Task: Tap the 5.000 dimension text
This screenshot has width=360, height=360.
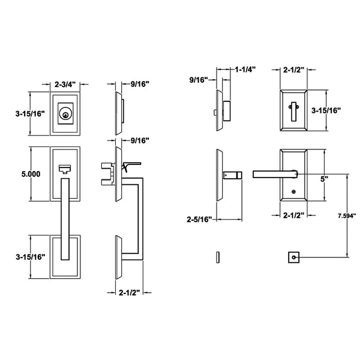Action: click(31, 174)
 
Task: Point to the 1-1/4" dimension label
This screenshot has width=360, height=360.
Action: click(244, 70)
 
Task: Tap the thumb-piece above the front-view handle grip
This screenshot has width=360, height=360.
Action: click(64, 169)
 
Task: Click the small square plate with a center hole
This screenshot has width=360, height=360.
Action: click(293, 258)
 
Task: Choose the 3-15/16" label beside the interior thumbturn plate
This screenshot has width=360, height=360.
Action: click(326, 110)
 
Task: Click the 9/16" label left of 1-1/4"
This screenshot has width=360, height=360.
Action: click(199, 79)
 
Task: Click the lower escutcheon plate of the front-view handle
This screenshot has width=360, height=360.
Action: click(64, 258)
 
